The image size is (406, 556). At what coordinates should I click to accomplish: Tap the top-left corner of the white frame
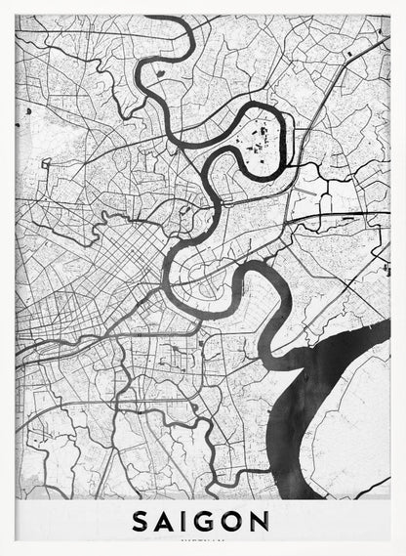click(x=3, y=3)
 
